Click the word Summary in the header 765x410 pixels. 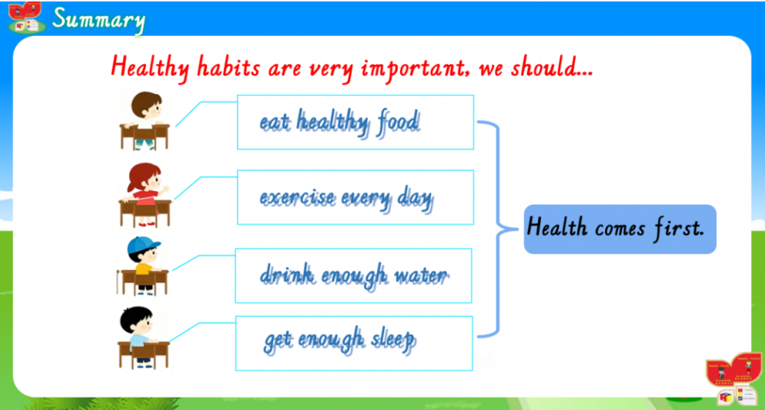[x=99, y=21]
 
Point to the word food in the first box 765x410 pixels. [x=398, y=122]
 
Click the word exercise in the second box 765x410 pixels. [x=298, y=198]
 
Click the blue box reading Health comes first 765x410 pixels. [x=620, y=229]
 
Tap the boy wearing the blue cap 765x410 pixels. [x=144, y=266]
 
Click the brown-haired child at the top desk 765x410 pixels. [x=145, y=121]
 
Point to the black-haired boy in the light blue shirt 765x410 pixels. [x=144, y=337]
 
